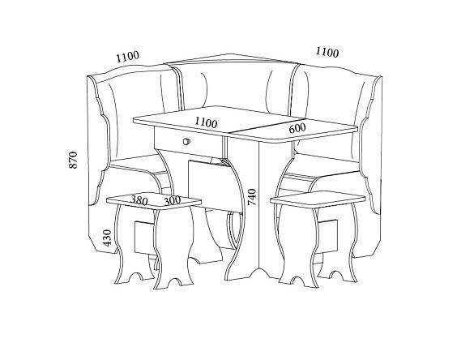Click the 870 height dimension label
click(x=73, y=160)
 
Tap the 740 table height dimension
click(x=252, y=197)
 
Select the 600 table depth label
click(x=297, y=128)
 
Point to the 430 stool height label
click(x=107, y=238)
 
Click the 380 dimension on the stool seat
click(x=139, y=200)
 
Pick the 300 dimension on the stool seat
click(x=172, y=200)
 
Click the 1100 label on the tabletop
click(x=206, y=122)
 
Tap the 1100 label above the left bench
click(x=128, y=57)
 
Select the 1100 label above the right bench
click(x=327, y=53)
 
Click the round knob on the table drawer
click(x=186, y=141)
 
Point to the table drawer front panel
click(x=188, y=142)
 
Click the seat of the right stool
click(x=318, y=199)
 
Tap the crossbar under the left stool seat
click(x=145, y=238)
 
